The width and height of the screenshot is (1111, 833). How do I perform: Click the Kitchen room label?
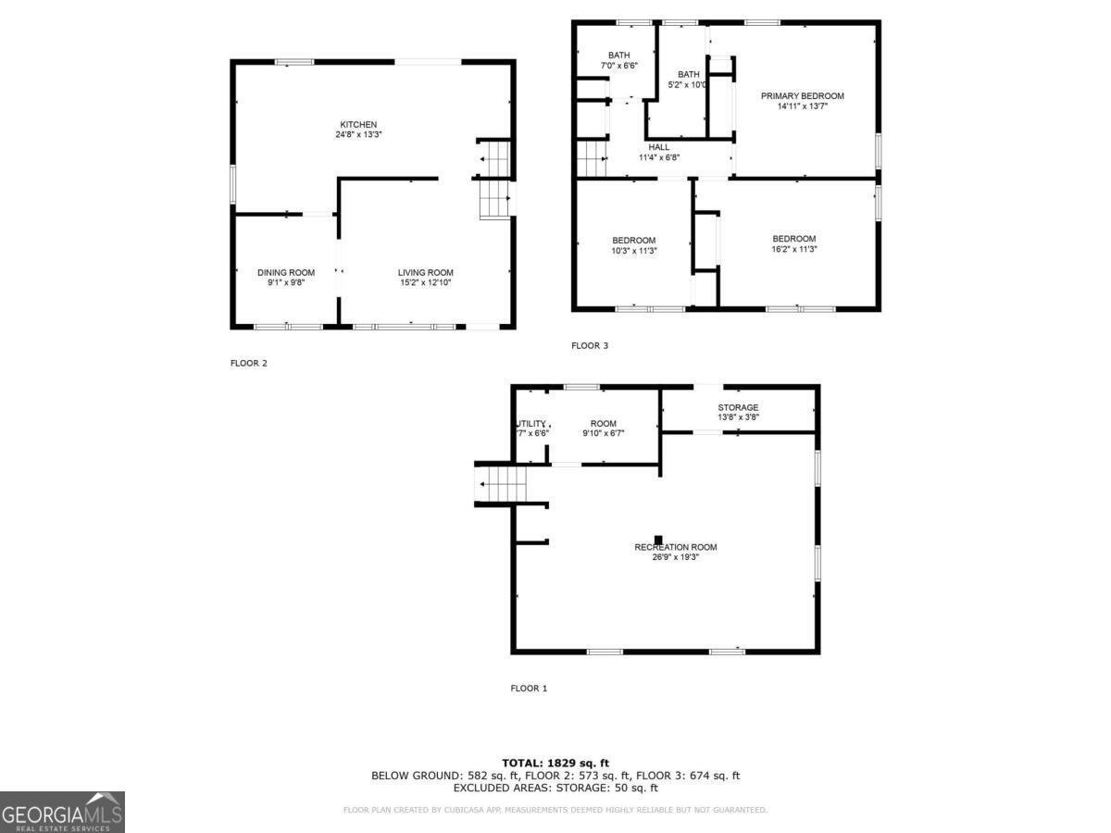tap(358, 125)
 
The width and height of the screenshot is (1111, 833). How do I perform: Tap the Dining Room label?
tap(286, 273)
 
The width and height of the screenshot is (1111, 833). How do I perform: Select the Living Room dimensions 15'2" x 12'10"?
tap(426, 282)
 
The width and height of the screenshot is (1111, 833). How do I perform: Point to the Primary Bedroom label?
tap(803, 96)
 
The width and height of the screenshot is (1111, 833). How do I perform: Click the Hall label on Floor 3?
tap(659, 147)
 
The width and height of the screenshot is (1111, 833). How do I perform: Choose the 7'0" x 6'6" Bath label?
tap(618, 56)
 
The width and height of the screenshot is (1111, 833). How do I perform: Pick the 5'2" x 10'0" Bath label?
tap(688, 75)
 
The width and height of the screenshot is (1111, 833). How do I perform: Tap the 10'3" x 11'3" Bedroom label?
tap(633, 241)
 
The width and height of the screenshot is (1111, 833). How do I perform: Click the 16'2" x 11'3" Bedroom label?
tap(794, 239)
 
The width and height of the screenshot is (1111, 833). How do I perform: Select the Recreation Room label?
tap(676, 547)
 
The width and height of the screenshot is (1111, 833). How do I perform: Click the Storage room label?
tap(738, 408)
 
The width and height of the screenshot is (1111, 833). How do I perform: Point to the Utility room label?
tap(531, 424)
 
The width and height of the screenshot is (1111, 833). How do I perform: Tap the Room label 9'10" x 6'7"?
tap(603, 424)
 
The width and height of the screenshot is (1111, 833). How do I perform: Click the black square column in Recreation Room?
tap(658, 539)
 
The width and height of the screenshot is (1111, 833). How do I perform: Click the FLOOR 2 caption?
tap(249, 363)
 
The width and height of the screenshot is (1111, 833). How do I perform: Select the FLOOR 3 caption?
tap(590, 346)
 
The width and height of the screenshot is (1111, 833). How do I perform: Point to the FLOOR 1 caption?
tap(530, 689)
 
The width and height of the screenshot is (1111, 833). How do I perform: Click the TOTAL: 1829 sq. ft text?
tap(555, 763)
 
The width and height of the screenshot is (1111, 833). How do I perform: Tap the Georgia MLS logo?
tap(62, 812)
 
